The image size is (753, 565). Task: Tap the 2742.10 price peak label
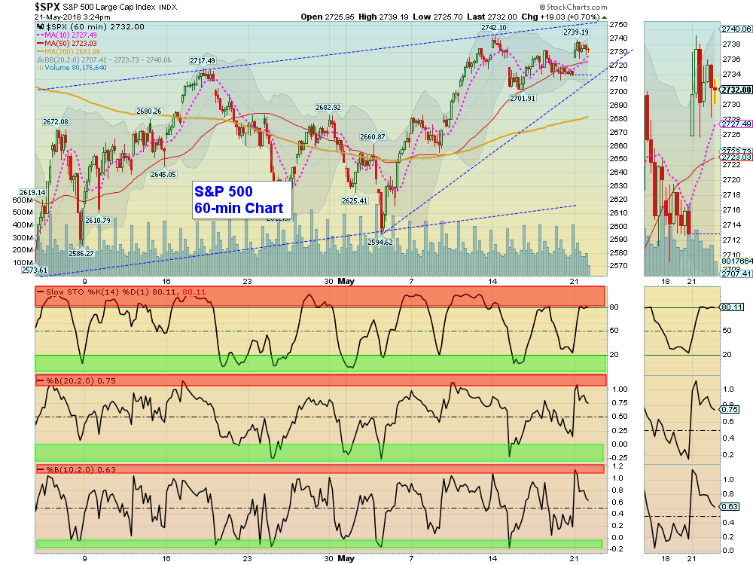tap(494, 28)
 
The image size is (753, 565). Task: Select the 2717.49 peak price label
tap(203, 61)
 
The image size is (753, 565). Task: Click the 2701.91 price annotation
tap(523, 98)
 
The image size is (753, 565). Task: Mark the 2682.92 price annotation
tap(328, 107)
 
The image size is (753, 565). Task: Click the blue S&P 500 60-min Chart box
tap(238, 200)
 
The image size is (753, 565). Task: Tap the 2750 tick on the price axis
tap(618, 24)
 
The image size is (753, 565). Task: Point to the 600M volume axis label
tap(23, 200)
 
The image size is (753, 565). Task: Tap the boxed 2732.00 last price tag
tap(736, 89)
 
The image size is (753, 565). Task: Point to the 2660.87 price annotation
tap(373, 137)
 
